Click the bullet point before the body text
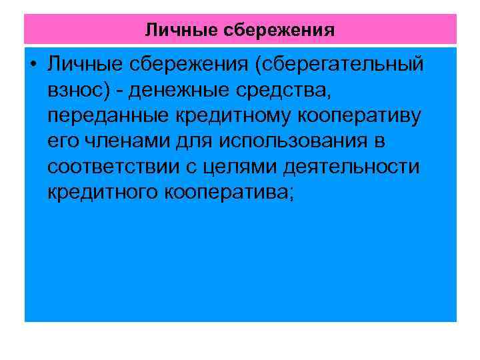[x=33, y=65]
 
